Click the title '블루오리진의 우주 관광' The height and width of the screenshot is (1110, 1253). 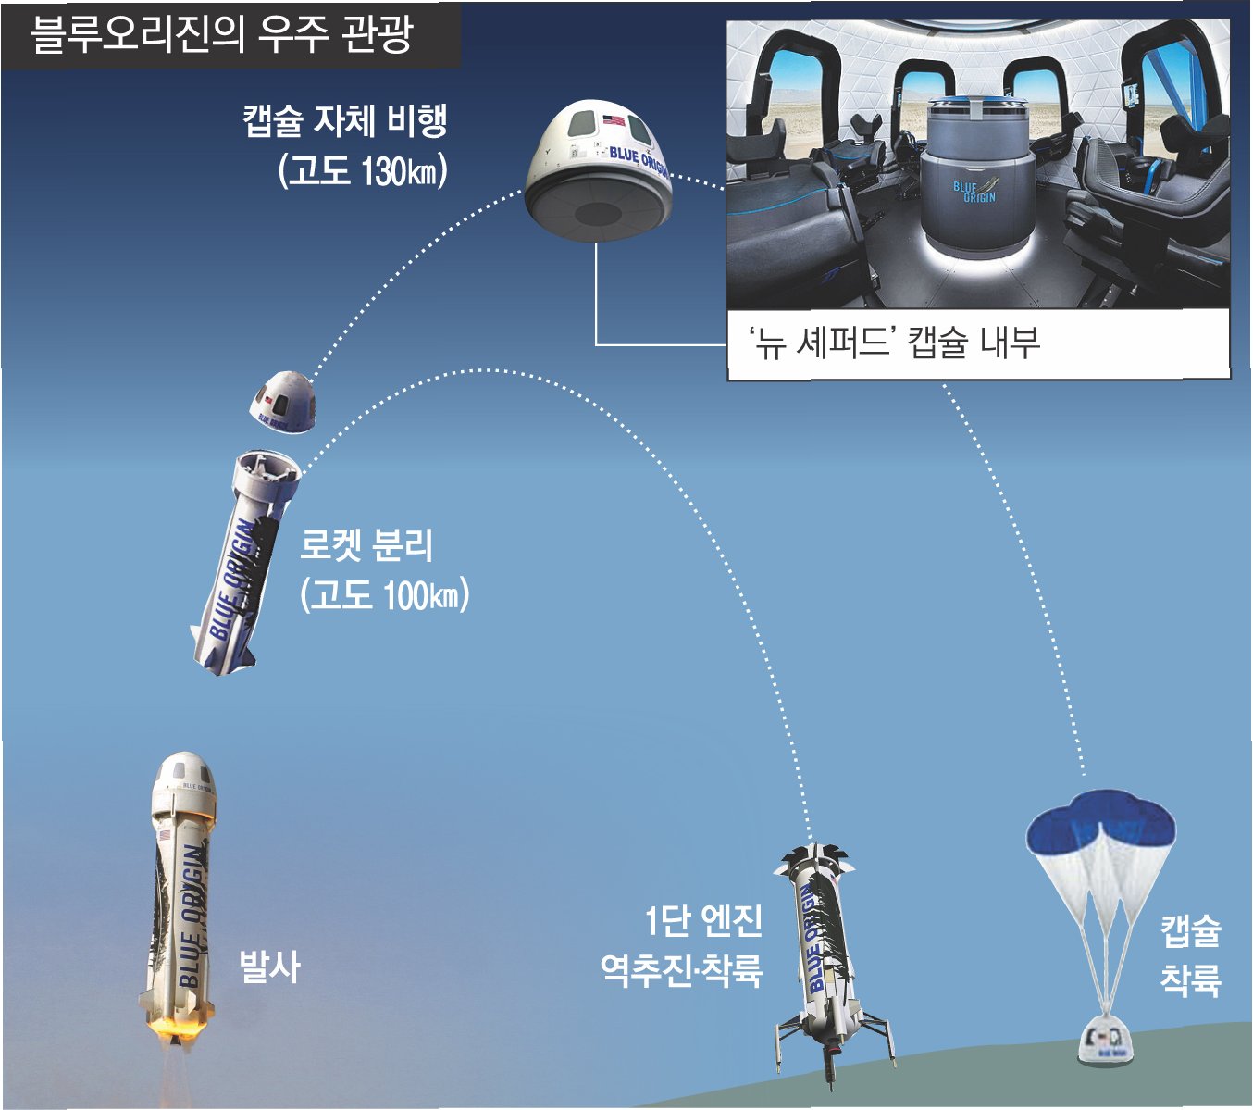[222, 37]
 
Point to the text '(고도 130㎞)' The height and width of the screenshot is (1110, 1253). [364, 171]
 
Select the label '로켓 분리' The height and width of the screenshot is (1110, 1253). [366, 545]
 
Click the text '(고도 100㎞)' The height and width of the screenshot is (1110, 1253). [385, 594]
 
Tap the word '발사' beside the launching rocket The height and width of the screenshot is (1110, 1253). [269, 967]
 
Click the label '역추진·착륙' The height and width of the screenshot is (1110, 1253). [682, 970]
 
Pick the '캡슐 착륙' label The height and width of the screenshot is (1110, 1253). [1191, 954]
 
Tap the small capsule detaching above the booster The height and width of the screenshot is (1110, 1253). [284, 400]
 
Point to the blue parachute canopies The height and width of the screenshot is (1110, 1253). [1100, 819]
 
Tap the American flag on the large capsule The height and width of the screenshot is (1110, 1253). [614, 119]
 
